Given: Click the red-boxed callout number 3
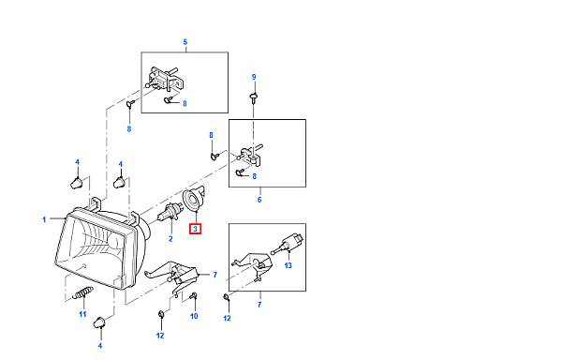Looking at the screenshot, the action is click(x=196, y=229).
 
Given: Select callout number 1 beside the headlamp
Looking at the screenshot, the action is click(x=44, y=219).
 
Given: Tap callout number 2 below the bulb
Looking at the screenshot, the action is click(x=170, y=239).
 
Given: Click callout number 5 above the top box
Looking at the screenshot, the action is click(x=185, y=42).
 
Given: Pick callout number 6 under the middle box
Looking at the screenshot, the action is click(x=259, y=200).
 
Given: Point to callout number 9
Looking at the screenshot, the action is click(x=254, y=77).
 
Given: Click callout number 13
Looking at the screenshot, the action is click(x=288, y=265).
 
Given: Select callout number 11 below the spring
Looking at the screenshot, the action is click(x=82, y=314).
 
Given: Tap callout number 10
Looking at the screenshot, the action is click(x=194, y=316).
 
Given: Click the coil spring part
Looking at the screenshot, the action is click(x=83, y=292).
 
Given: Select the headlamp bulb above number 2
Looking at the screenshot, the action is click(x=168, y=215).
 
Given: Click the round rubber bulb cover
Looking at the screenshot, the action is click(x=194, y=200).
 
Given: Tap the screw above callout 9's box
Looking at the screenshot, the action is click(x=254, y=97).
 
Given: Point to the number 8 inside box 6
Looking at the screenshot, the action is click(x=254, y=176).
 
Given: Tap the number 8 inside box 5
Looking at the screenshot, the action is click(x=185, y=104).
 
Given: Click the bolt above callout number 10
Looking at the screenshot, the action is click(x=194, y=296).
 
